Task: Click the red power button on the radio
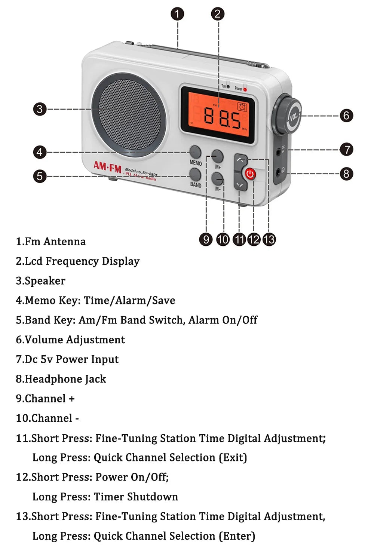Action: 250,174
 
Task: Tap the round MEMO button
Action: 195,152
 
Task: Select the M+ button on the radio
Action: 217,156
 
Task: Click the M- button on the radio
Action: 217,179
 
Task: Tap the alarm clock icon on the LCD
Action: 242,107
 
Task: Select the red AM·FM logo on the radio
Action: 107,167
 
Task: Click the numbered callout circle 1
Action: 177,14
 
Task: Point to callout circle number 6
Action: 346,115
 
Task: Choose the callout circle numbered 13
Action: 269,239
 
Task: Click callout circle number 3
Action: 40,109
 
